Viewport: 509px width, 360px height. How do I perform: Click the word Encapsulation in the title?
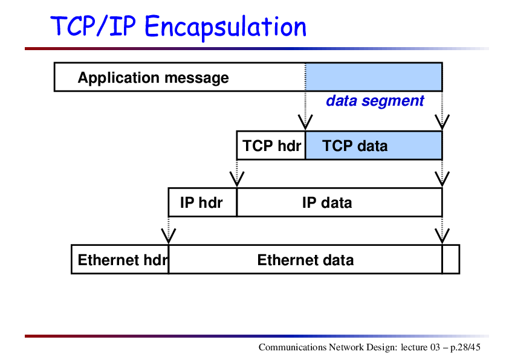tap(225, 27)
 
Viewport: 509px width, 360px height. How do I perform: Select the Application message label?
tap(153, 78)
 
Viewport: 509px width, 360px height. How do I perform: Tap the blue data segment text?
tap(375, 101)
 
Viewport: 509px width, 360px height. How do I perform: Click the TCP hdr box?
tap(271, 146)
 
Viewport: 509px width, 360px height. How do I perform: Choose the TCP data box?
tap(374, 146)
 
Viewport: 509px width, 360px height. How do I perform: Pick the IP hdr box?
tap(203, 202)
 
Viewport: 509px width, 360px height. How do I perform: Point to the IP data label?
tap(327, 203)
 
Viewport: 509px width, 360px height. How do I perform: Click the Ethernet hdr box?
tap(120, 260)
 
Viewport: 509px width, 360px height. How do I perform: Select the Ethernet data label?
tap(305, 260)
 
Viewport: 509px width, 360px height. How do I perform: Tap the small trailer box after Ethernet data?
tap(451, 260)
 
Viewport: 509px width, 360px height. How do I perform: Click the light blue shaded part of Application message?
tap(374, 77)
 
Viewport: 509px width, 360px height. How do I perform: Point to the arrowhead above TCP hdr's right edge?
tap(305, 122)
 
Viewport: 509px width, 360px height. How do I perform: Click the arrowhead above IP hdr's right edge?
tap(237, 179)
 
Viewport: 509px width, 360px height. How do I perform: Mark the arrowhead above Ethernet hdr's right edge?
tap(169, 236)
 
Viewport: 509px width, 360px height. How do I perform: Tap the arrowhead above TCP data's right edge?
tap(442, 122)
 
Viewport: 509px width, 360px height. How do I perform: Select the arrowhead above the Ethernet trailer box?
tap(442, 236)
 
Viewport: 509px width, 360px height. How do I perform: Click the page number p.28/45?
tap(465, 347)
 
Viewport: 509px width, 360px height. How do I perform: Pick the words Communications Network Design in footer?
tap(328, 347)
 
